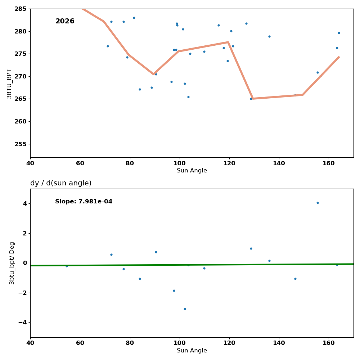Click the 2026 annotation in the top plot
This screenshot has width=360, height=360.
(x=65, y=22)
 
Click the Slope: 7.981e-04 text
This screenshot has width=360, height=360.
(x=84, y=202)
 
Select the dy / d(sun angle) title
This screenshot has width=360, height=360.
(x=61, y=183)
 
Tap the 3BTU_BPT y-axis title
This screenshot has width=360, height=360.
(x=9, y=84)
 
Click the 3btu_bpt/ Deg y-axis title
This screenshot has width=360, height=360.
(x=12, y=263)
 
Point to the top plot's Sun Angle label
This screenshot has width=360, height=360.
(x=192, y=171)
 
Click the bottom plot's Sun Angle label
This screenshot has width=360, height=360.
(x=192, y=351)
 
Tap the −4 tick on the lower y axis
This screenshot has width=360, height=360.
(x=22, y=323)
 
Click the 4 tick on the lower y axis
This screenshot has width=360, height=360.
(x=25, y=204)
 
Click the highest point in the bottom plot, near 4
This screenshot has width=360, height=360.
(x=318, y=203)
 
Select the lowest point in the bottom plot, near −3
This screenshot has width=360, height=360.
(x=185, y=309)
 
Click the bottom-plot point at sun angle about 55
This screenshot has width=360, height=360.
(x=67, y=266)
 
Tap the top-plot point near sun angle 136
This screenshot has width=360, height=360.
(x=269, y=36)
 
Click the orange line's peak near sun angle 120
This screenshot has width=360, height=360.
(x=228, y=42)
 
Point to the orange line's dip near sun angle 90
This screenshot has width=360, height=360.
(x=154, y=74)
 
